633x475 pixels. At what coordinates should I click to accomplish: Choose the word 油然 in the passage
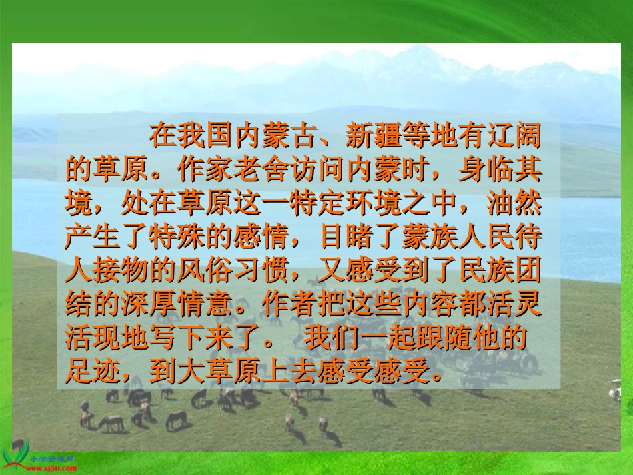[x=514, y=203]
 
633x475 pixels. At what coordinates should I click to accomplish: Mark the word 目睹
[x=346, y=237]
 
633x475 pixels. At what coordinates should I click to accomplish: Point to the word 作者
[x=289, y=303]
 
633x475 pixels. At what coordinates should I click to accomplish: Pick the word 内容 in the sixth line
[x=430, y=303]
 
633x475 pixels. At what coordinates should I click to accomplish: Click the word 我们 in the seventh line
[x=330, y=338]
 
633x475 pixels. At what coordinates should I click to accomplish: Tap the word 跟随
[x=444, y=338]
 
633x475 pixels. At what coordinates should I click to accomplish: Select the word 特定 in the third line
[x=318, y=203]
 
